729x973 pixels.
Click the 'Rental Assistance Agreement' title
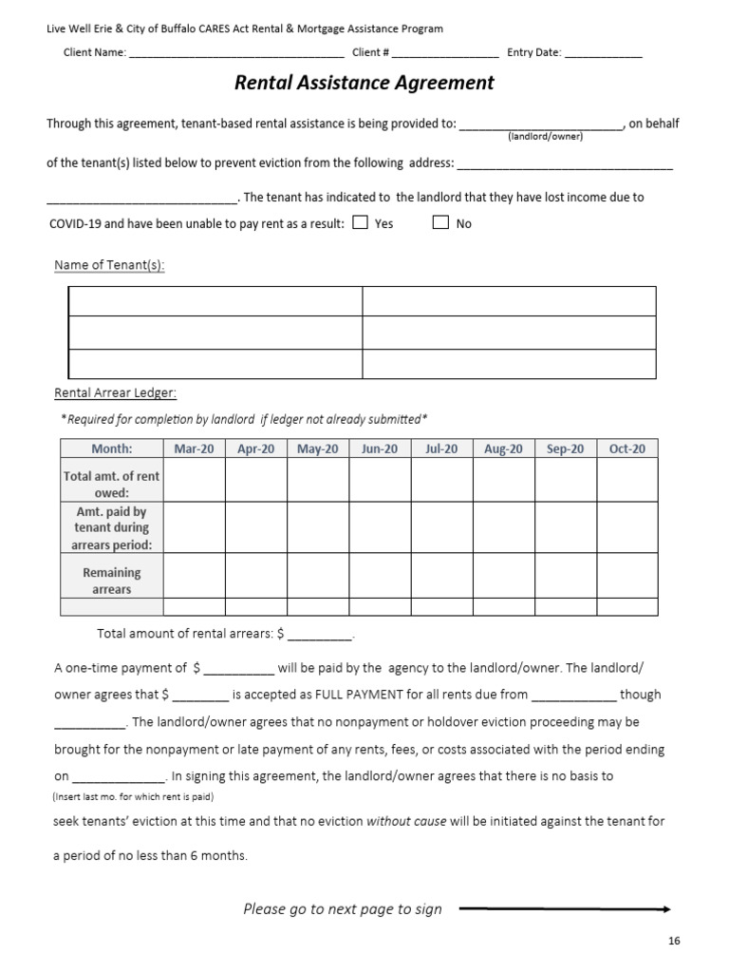click(364, 83)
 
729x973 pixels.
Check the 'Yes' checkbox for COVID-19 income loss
click(360, 223)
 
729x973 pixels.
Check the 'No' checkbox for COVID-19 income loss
click(440, 223)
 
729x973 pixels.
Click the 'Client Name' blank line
click(236, 54)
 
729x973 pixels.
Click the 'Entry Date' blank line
click(604, 54)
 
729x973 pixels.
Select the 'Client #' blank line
click(445, 54)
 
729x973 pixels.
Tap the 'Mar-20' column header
click(194, 448)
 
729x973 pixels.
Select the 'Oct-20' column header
click(626, 448)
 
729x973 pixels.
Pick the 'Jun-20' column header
click(380, 448)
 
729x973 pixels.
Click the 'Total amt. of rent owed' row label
click(112, 485)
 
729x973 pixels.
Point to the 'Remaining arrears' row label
click(112, 581)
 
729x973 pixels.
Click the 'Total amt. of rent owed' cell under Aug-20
click(503, 481)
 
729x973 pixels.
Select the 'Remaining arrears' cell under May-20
click(318, 576)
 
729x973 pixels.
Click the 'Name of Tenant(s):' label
click(109, 265)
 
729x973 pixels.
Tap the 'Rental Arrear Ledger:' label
click(115, 392)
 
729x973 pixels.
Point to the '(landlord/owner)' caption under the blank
click(545, 136)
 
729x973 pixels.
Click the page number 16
click(674, 941)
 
